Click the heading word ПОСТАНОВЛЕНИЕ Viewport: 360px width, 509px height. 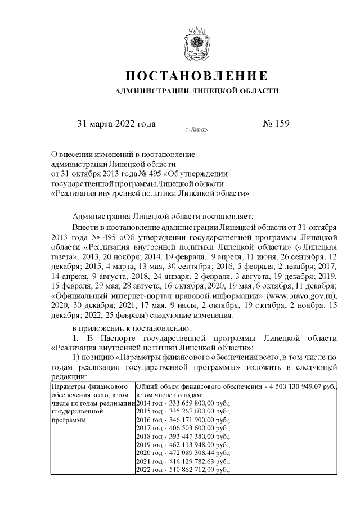coord(195,76)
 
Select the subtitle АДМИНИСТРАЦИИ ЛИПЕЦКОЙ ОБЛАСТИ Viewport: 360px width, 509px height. coord(195,91)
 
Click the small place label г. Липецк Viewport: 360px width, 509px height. coord(196,130)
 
